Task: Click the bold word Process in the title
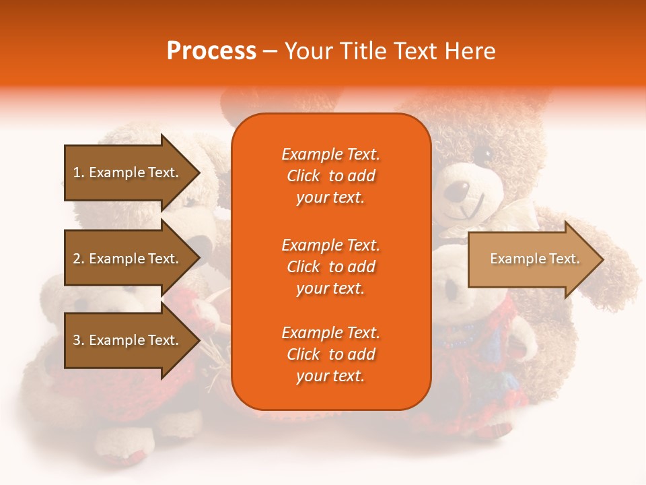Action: click(211, 51)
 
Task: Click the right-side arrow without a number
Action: click(532, 259)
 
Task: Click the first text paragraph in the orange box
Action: click(330, 176)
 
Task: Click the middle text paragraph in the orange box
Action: click(330, 267)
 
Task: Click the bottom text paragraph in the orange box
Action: click(330, 354)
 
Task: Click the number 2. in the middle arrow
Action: click(78, 259)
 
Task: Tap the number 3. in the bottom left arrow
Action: click(78, 340)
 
